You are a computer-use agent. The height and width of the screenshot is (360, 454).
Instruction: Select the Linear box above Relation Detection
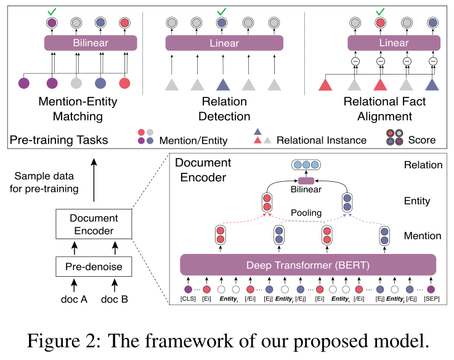[x=225, y=43]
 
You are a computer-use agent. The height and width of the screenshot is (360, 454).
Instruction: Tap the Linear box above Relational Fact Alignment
[x=394, y=43]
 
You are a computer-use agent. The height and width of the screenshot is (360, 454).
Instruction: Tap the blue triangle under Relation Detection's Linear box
[x=225, y=84]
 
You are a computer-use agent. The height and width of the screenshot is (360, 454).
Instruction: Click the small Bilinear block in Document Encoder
[x=306, y=181]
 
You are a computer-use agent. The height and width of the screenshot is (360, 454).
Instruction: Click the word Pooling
[x=307, y=213]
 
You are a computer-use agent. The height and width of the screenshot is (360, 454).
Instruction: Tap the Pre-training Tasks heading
[x=59, y=140]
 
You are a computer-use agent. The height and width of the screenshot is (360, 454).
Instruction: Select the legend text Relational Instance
[x=321, y=140]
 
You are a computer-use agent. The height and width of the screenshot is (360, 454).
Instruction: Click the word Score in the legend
[x=421, y=140]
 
